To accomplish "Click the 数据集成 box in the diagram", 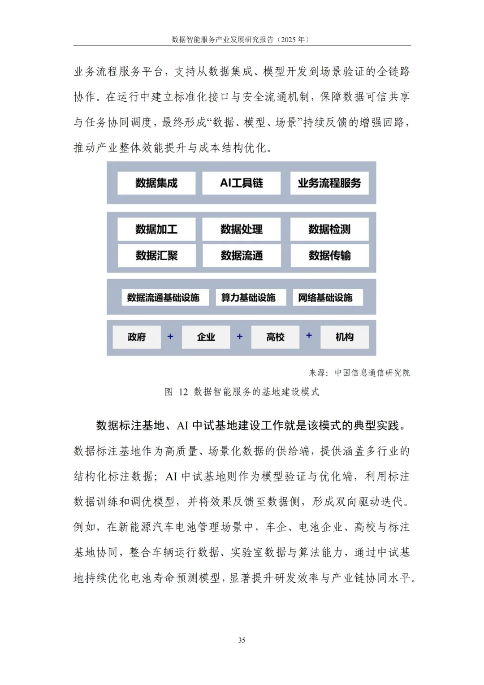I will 156,183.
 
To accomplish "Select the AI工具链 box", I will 241,183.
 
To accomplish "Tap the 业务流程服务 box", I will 329,183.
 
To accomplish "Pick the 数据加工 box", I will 156,229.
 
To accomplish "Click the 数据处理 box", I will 241,229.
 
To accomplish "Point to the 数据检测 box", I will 329,229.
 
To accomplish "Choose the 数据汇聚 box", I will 156,256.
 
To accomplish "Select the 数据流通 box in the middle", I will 241,256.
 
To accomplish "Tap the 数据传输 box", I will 329,256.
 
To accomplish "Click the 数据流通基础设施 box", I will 163,297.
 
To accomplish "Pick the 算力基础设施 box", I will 248,297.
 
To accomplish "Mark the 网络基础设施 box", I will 325,297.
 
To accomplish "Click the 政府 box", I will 137,337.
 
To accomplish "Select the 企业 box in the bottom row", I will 206,337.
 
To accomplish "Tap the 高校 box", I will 275,337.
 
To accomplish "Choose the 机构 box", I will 345,337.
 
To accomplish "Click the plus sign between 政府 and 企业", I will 170,336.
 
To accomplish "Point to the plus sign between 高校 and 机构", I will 309,335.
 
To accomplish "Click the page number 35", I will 242,640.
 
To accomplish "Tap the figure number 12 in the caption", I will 183,392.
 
